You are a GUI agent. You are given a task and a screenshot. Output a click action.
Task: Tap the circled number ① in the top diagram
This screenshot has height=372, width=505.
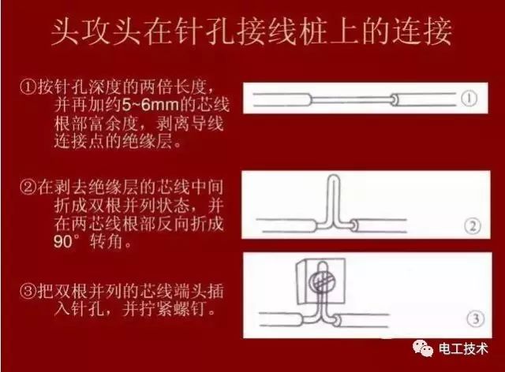point(469,100)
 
